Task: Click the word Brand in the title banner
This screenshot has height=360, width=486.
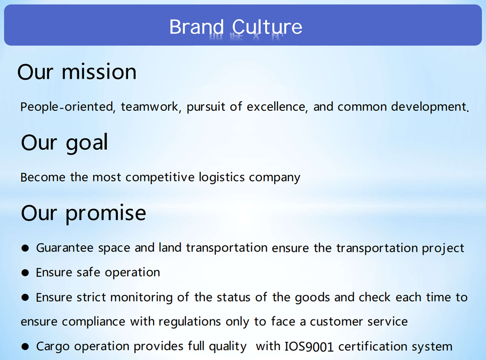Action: [196, 27]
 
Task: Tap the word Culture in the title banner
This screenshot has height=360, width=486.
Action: [267, 27]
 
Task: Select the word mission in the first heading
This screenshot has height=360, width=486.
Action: [99, 72]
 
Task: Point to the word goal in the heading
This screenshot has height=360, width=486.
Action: [87, 143]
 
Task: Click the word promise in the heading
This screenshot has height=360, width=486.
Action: [106, 214]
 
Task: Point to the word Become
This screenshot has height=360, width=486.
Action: [43, 177]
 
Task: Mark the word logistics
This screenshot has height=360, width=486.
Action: [222, 177]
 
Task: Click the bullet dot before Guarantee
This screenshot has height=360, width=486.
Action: [25, 248]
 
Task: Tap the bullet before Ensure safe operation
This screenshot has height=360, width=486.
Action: [25, 273]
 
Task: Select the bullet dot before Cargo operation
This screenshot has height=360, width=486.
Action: [25, 346]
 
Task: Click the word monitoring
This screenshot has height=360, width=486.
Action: [141, 297]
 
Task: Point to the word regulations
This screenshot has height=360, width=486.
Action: [190, 322]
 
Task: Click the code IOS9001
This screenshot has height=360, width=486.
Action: [309, 346]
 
